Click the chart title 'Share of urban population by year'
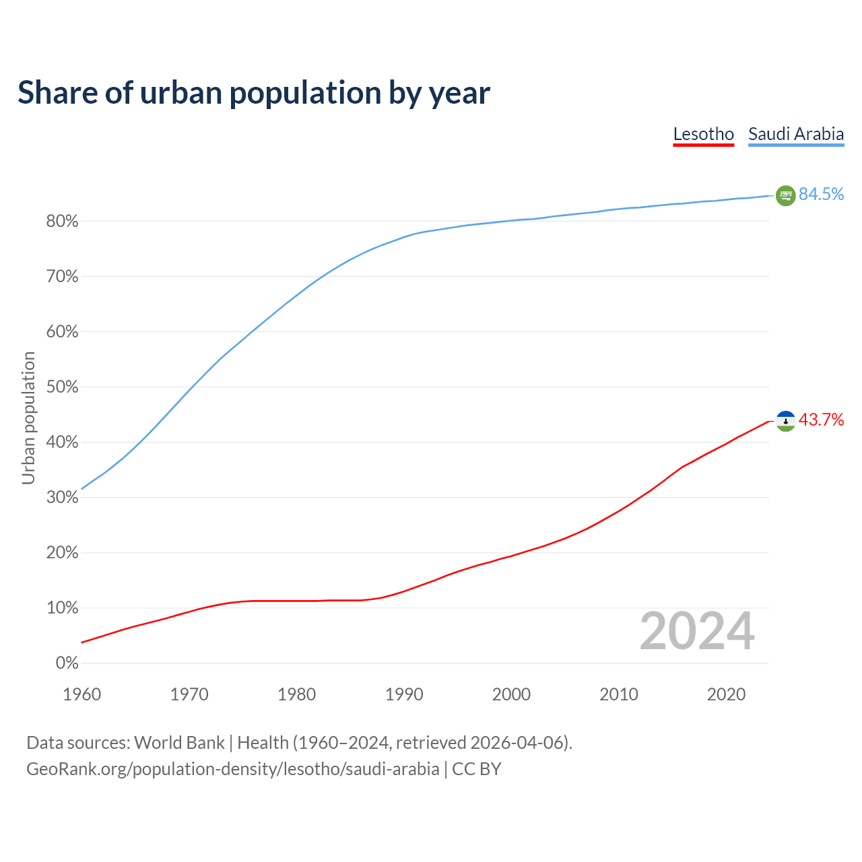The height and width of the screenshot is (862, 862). tap(254, 93)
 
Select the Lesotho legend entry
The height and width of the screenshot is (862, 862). tap(703, 134)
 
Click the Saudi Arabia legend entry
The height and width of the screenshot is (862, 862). tap(796, 134)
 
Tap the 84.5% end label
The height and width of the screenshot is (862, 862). tap(821, 195)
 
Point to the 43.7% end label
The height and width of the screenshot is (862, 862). tap(821, 420)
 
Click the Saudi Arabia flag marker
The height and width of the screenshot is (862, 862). tap(785, 195)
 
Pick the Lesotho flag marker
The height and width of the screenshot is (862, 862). tap(785, 421)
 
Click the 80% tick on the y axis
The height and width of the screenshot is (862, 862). tap(62, 222)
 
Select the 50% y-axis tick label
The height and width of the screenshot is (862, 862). tap(62, 387)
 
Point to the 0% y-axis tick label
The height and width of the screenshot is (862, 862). tap(67, 663)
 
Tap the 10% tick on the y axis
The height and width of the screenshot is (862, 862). tap(62, 608)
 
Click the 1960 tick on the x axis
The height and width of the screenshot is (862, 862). tap(81, 694)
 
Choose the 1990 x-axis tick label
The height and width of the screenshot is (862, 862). tap(404, 694)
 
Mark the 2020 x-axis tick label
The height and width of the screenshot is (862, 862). tap(726, 694)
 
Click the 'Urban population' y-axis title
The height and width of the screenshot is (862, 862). tap(28, 418)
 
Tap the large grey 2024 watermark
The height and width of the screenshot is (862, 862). tap(697, 631)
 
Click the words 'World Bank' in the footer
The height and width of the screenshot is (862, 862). tap(179, 743)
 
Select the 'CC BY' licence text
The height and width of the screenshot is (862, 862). tap(477, 769)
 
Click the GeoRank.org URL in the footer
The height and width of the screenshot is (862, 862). tap(232, 769)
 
